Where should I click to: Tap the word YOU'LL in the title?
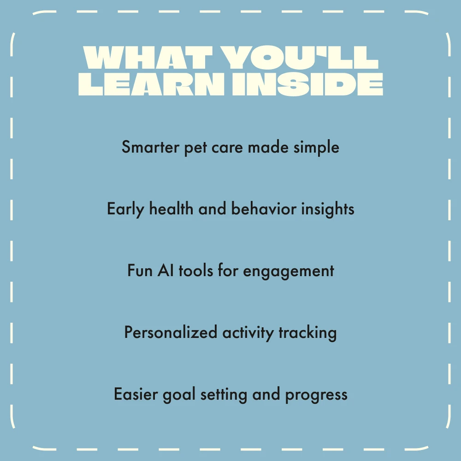[300, 57]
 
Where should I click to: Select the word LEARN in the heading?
[151, 84]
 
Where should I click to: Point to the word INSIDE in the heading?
[307, 84]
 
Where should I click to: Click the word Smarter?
[150, 147]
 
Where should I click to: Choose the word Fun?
[140, 271]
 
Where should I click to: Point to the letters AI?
[165, 270]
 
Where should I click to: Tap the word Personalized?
[171, 332]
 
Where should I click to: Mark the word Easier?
[136, 394]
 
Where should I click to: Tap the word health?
[171, 209]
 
